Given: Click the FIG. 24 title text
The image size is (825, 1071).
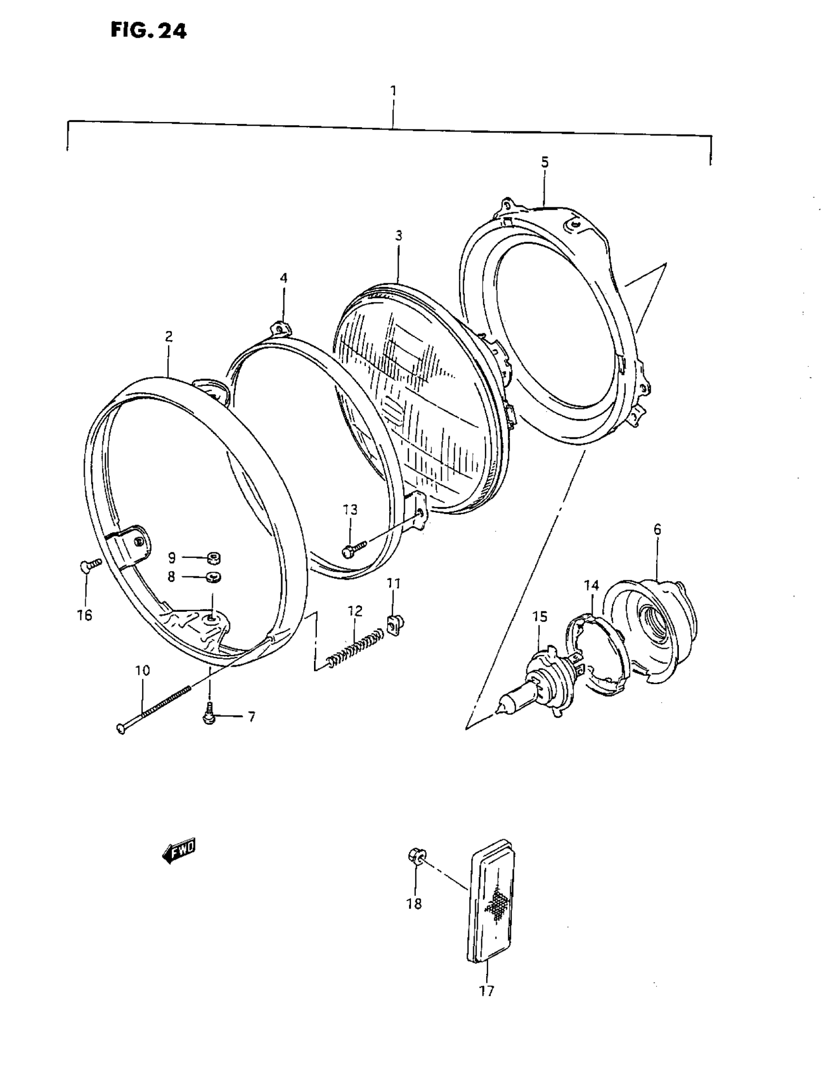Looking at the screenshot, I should click(x=148, y=31).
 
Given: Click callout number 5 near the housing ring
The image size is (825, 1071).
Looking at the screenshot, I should click(x=545, y=162).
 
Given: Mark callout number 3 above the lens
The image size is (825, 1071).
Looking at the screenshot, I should click(x=398, y=236).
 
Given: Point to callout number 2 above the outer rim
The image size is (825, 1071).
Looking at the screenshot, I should click(x=168, y=336).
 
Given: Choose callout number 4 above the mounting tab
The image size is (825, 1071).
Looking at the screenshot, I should click(x=284, y=278).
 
